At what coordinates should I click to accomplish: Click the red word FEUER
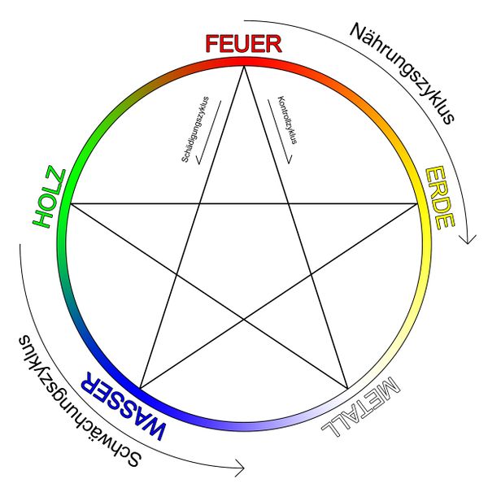(243, 44)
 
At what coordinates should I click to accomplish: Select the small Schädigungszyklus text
(194, 128)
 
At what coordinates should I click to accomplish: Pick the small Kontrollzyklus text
(286, 120)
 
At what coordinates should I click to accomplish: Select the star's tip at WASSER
(140, 388)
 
